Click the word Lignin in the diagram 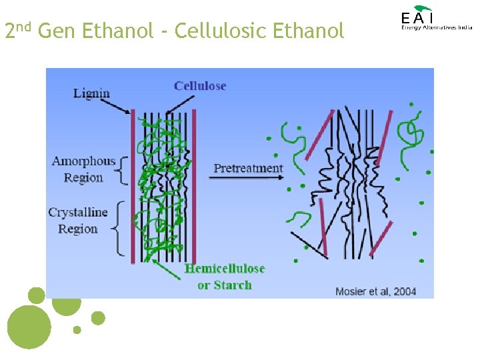click(x=91, y=93)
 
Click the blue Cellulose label click(x=200, y=86)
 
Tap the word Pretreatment click(x=248, y=168)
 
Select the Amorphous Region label click(x=84, y=169)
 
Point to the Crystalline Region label click(x=78, y=221)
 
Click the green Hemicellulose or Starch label click(x=225, y=277)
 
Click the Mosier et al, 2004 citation click(x=376, y=291)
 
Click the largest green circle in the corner click(x=29, y=327)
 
